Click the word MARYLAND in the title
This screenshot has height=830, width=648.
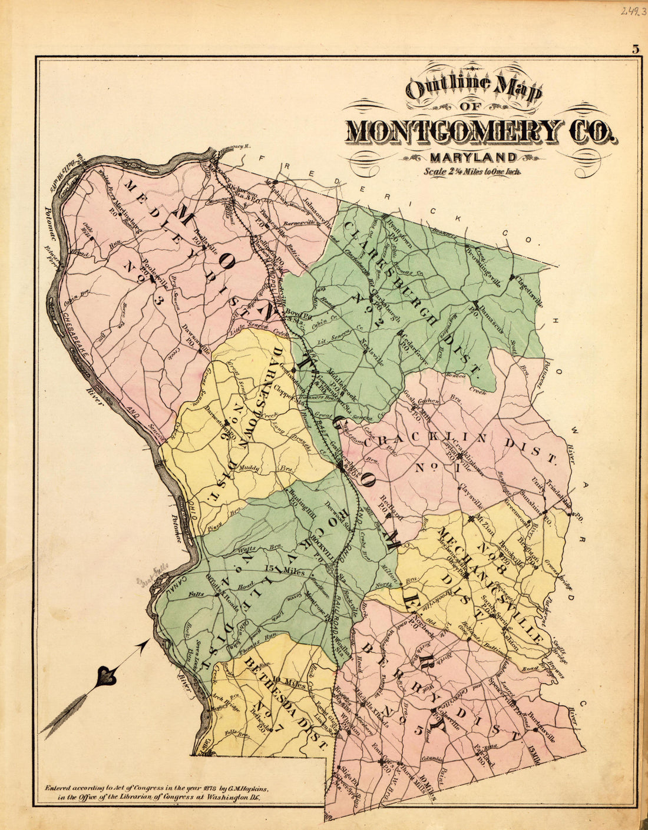[473, 157]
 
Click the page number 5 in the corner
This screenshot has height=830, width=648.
[636, 49]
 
